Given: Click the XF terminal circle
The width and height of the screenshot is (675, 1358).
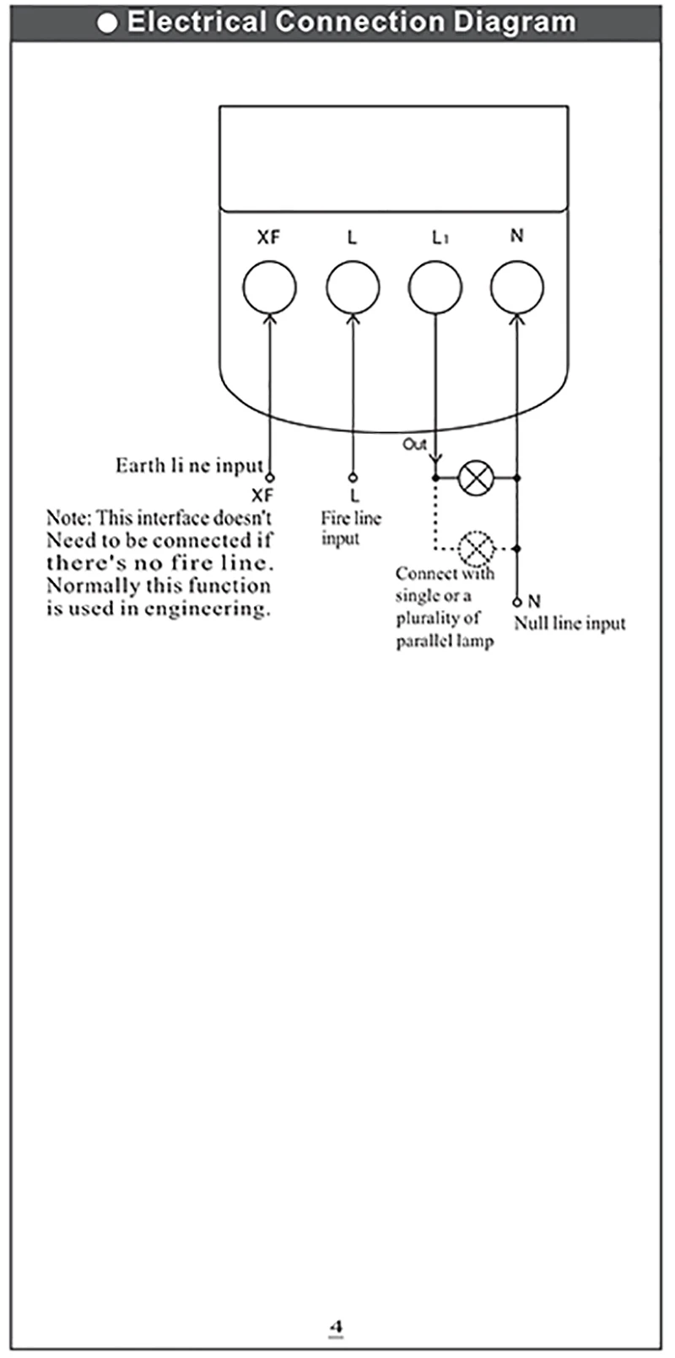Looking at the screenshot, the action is coord(269,287).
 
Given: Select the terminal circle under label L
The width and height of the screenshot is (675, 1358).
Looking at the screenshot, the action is coord(352,287).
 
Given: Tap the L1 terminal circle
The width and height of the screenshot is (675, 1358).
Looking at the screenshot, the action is coord(435,287).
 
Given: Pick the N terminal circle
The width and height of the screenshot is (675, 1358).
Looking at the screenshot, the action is coord(516,287).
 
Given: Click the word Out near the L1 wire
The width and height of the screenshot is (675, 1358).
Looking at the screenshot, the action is coord(414,444).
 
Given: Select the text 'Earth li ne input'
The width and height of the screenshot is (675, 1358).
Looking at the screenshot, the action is coord(189,466).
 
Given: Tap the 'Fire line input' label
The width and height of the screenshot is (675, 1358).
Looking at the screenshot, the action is coord(350,528).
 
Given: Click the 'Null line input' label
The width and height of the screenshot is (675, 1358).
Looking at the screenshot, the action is coord(570,624).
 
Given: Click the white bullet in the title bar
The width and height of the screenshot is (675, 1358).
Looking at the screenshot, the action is coord(108,23).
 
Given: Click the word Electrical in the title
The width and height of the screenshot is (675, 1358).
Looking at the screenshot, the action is coord(196,22).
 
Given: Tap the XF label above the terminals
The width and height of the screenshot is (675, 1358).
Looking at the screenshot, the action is coord(268,238).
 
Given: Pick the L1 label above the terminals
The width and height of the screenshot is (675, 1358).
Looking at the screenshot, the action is coord(439,238).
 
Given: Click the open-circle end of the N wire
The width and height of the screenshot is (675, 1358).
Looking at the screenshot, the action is coord(516,603).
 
